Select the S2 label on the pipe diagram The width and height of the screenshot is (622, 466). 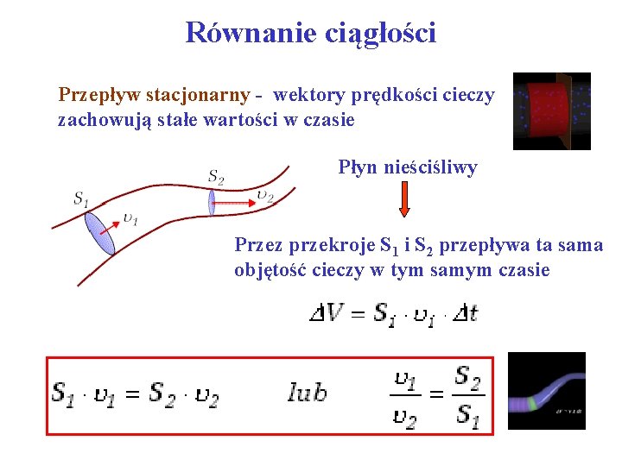[216, 178]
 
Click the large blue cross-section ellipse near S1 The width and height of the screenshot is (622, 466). [99, 233]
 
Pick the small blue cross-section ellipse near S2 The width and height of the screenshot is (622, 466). [211, 203]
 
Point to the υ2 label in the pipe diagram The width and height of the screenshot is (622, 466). [265, 196]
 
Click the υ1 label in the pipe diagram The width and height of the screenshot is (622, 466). [130, 218]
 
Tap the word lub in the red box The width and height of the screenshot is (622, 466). [308, 394]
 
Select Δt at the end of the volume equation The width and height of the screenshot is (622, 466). [465, 312]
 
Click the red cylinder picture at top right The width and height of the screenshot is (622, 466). [551, 111]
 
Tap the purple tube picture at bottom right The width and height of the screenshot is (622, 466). [546, 391]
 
